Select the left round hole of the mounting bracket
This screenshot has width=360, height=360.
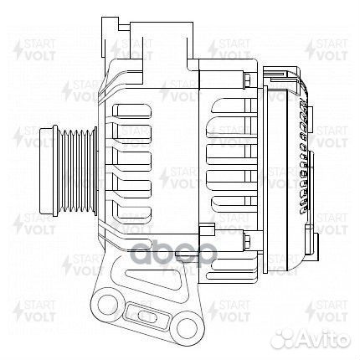(x=107, y=302)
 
